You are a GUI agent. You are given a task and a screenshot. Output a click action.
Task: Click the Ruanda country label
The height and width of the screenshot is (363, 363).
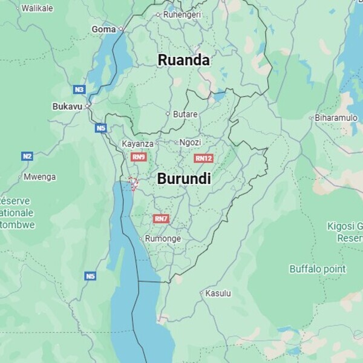pos(183,60)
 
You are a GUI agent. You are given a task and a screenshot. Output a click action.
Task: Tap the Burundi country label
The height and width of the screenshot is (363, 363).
pos(184,178)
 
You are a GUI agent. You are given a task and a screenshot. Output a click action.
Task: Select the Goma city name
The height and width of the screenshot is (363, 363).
pos(103,29)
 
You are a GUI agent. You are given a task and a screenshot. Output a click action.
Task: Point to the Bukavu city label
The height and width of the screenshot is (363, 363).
pos(67,106)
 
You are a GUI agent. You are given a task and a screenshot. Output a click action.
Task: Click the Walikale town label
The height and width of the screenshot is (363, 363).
pos(37,8)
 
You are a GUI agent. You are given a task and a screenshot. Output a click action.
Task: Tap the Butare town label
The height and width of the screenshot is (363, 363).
pos(185,114)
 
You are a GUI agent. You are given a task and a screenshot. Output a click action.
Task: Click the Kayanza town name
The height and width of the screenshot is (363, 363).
pos(137,144)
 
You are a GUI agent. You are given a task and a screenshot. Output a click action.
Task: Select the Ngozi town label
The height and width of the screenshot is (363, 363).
pos(190,142)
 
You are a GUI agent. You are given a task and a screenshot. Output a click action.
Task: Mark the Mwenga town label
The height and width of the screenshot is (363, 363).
pos(39,177)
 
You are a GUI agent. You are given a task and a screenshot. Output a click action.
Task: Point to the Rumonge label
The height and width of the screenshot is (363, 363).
pos(163,238)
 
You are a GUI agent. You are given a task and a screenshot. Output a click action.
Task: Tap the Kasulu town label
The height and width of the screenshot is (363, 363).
pos(218,293)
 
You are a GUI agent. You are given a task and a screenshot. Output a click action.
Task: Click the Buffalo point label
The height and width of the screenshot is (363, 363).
pos(317,269)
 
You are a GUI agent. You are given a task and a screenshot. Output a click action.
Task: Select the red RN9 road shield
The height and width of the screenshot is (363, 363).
pos(139,157)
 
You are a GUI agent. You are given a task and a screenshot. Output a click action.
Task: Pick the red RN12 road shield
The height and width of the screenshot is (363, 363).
pos(203,159)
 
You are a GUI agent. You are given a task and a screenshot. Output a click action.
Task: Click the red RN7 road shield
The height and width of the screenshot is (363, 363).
pos(161,218)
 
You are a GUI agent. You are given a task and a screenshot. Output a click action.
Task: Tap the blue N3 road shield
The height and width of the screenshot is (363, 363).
pos(79,90)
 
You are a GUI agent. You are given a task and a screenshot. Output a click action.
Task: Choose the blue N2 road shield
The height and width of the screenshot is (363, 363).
pos(27,156)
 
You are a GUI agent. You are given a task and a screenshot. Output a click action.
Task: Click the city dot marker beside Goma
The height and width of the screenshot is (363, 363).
pos(120,28)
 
